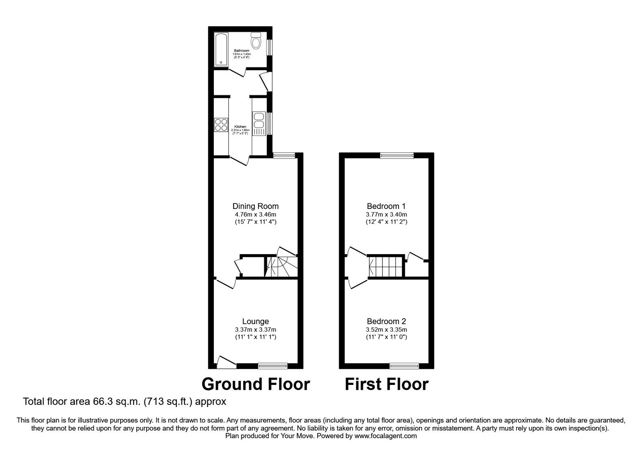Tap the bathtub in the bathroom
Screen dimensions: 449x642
point(221,49)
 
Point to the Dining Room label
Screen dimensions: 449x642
point(255,206)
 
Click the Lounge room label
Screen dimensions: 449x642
point(255,321)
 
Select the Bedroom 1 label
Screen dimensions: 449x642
point(386,206)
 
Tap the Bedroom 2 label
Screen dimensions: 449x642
point(386,321)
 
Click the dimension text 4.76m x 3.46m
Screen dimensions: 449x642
point(255,214)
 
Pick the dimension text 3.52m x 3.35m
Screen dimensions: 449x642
point(386,330)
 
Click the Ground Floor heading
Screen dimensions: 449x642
point(256,384)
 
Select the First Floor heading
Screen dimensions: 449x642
point(386,384)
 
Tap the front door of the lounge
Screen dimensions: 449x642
point(226,362)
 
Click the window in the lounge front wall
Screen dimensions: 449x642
point(273,365)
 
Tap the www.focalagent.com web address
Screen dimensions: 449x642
point(386,436)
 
